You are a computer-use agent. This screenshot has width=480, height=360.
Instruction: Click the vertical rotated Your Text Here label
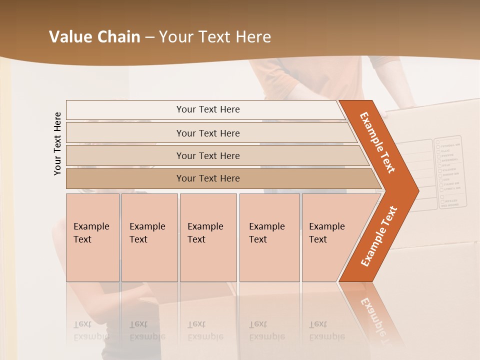click(x=57, y=143)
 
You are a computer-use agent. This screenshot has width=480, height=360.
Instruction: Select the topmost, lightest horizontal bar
click(x=207, y=109)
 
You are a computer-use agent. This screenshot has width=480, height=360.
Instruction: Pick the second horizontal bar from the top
click(x=207, y=133)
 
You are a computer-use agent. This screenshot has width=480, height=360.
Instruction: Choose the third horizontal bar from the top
click(x=207, y=155)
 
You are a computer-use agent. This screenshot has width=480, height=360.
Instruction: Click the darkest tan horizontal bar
click(x=207, y=178)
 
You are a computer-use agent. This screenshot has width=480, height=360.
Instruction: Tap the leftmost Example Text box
click(x=92, y=237)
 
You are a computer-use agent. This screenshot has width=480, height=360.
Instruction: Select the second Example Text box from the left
click(x=149, y=237)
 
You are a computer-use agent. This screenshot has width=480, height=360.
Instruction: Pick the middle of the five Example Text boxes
click(x=208, y=237)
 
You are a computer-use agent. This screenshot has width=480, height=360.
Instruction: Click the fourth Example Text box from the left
click(x=269, y=237)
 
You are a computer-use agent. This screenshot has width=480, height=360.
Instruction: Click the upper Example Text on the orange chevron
click(x=378, y=142)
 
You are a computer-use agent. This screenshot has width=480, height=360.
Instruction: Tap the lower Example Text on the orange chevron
click(x=379, y=236)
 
